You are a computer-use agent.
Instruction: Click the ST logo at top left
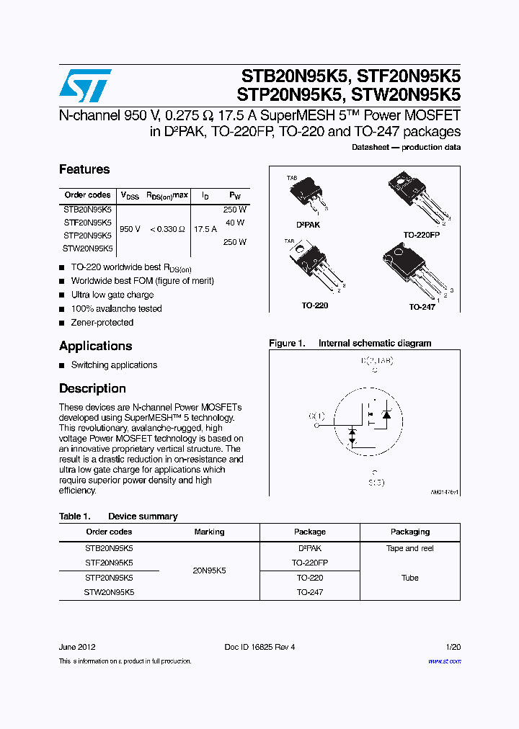85,86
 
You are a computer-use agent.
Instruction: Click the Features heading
84,169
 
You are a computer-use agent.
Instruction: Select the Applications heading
95,346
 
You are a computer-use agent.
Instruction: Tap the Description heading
92,388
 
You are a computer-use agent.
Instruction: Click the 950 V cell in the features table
130,228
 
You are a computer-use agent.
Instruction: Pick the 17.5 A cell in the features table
205,228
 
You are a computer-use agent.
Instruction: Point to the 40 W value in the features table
235,223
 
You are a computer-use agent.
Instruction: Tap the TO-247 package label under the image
422,307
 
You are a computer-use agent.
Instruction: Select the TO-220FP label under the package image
422,235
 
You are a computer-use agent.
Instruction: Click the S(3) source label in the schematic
375,482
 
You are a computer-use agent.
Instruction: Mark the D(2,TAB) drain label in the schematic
376,359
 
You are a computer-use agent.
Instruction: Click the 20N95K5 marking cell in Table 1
209,570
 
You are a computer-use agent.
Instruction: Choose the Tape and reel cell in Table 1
409,548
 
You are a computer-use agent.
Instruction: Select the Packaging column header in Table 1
409,532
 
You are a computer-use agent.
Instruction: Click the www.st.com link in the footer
444,661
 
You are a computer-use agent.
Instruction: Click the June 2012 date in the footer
77,647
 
